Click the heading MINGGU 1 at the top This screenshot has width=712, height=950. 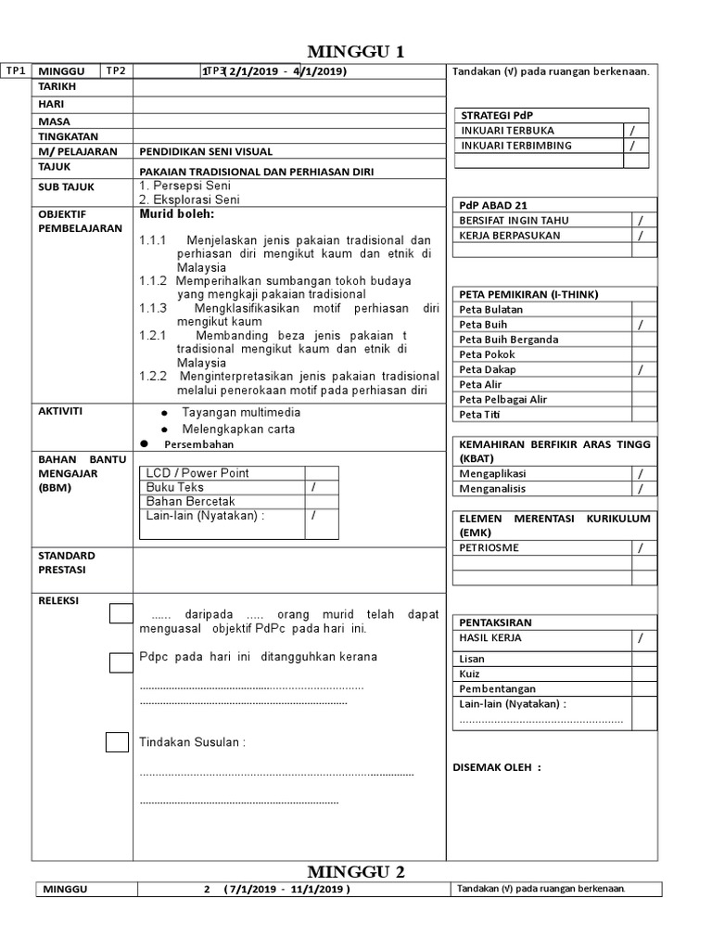(x=356, y=51)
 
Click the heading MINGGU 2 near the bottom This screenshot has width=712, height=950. (x=356, y=871)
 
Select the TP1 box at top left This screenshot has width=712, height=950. (x=16, y=71)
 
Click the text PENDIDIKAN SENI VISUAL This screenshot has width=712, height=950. (x=206, y=151)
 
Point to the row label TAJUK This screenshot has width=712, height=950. (x=56, y=166)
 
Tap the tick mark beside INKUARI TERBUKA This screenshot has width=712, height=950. (x=633, y=131)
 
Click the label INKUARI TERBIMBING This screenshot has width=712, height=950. (x=516, y=146)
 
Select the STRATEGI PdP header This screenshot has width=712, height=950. (x=498, y=115)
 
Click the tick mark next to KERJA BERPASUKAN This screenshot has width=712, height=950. (x=640, y=236)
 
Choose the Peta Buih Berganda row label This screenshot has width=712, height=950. (x=509, y=340)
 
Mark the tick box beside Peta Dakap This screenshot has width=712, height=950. (x=640, y=369)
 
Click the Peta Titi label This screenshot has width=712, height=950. (x=480, y=414)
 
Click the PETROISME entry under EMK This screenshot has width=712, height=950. (x=489, y=548)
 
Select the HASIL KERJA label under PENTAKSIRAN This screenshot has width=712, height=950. (x=490, y=638)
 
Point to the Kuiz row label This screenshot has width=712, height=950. (x=472, y=674)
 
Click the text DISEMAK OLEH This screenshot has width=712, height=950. (x=495, y=767)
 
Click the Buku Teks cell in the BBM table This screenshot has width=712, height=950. (x=175, y=487)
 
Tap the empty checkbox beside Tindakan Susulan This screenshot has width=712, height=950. (x=117, y=742)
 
